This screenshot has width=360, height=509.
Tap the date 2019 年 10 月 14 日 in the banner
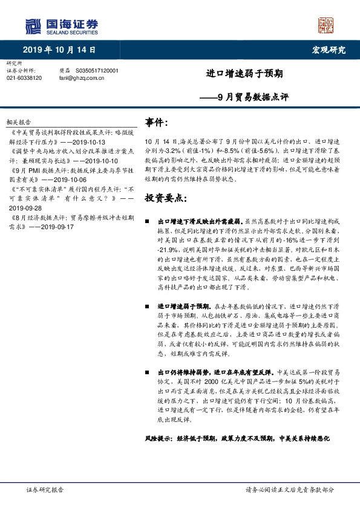(x=59, y=50)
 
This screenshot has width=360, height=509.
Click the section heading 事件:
(x=156, y=122)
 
